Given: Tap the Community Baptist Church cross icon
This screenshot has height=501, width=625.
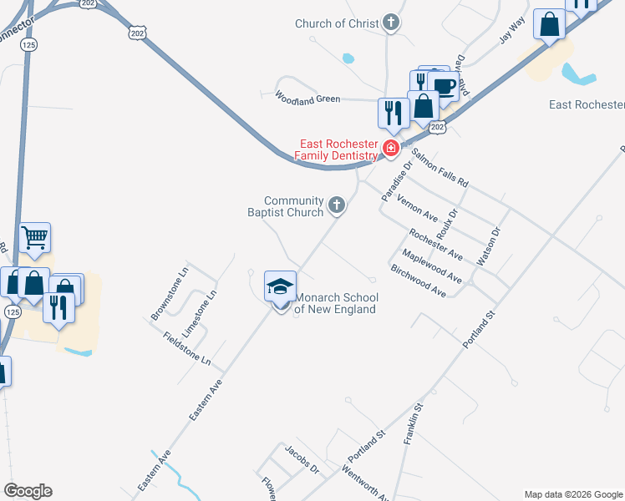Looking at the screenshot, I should point(336,205).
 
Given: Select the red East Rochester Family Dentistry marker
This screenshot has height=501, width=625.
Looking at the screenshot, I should point(389,149).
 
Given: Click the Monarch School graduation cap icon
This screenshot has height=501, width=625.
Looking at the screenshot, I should point(281,287).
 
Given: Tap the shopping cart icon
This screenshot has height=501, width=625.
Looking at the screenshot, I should point(35,238).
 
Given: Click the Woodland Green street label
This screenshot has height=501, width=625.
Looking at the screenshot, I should point(307,99).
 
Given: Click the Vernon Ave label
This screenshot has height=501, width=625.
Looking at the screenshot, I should point(418,205).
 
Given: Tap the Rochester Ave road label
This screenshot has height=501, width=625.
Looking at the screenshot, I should point(435,241).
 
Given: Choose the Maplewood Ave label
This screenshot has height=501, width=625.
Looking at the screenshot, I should point(431,266).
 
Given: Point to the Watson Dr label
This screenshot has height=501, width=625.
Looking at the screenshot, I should point(487,247).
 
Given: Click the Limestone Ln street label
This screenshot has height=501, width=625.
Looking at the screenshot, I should point(204,306).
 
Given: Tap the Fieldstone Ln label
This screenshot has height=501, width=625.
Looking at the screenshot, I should point(187,352).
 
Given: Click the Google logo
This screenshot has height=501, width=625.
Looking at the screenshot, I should point(28,491).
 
